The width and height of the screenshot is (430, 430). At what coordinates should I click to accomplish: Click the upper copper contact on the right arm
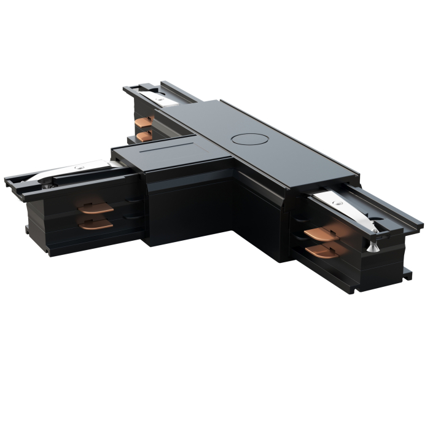pos(322,234)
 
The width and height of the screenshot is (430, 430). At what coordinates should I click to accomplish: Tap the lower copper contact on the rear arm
pos(145,135)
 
